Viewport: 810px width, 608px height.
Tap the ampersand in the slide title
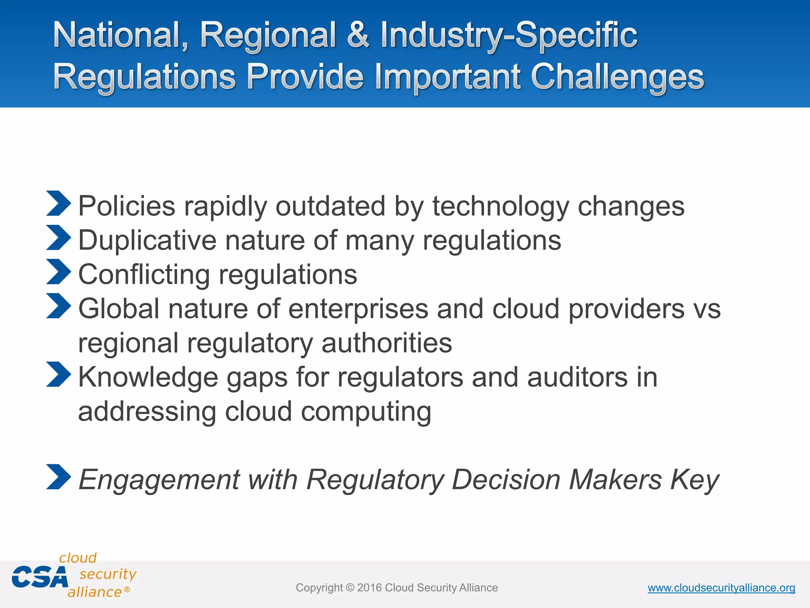pyautogui.click(x=358, y=36)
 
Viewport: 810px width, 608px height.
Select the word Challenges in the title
pyautogui.click(x=617, y=77)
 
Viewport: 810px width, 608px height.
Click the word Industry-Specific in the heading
pyautogui.click(x=509, y=36)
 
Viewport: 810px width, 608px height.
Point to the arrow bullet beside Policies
pyautogui.click(x=58, y=203)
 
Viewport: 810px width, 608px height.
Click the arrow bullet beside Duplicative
pyautogui.click(x=58, y=237)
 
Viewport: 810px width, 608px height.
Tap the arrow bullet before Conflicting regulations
pyautogui.click(x=58, y=272)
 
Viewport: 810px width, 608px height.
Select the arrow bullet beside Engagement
pyautogui.click(x=58, y=477)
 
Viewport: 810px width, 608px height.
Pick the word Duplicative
pyautogui.click(x=148, y=240)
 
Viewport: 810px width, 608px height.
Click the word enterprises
pyautogui.click(x=358, y=309)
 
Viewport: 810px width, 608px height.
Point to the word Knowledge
pyautogui.click(x=148, y=377)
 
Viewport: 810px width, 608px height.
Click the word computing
pyautogui.click(x=366, y=412)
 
